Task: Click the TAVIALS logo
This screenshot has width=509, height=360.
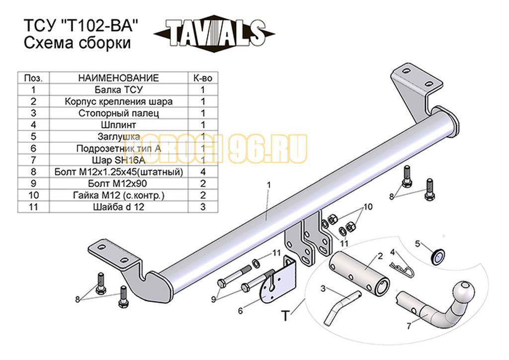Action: pyautogui.click(x=214, y=33)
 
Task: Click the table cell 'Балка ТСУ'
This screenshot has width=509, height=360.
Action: pyautogui.click(x=118, y=90)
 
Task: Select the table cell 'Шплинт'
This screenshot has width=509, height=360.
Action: pyautogui.click(x=118, y=125)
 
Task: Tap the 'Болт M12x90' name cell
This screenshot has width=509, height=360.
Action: pyautogui.click(x=118, y=184)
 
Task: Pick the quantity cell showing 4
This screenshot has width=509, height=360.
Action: pyautogui.click(x=203, y=172)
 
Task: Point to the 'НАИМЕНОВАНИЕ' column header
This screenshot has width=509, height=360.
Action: pyautogui.click(x=118, y=78)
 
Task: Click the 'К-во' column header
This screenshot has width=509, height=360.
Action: pyautogui.click(x=203, y=78)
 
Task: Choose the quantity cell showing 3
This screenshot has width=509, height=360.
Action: pyautogui.click(x=203, y=207)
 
